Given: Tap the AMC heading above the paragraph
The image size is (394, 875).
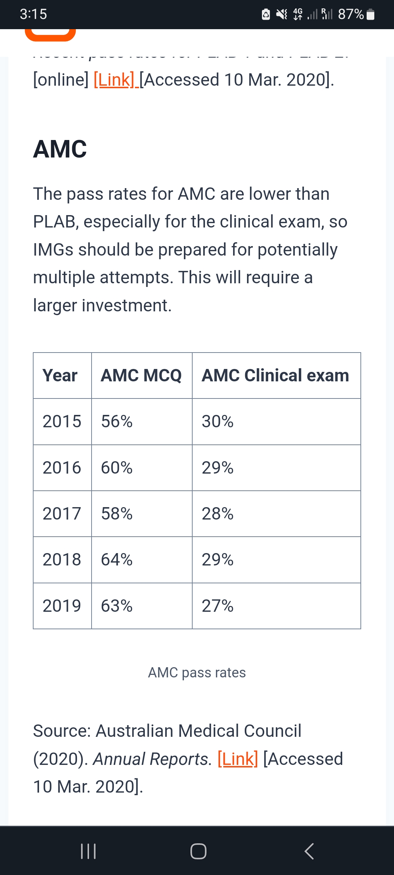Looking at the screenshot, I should coord(60,149).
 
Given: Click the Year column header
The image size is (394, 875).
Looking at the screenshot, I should coord(60,376).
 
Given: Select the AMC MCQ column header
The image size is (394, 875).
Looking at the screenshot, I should coord(141,376).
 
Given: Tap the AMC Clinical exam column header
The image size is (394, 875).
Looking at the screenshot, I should coord(275,376).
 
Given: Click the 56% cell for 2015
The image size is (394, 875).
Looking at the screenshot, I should coord(117,421).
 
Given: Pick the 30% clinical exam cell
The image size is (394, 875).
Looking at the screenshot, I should coord(217,421).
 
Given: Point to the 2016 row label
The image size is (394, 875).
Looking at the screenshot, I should coord(62,468).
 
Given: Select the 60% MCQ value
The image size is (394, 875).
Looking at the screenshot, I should coord(117,468).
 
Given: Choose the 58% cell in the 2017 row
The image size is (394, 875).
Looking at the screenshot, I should coord(117,514).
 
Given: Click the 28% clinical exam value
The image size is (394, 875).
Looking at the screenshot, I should coord(217,514).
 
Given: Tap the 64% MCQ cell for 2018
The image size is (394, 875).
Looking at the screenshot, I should coord(117,560).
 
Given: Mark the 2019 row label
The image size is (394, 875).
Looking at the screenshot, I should coord(62,606).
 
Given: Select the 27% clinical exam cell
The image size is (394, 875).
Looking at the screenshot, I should coord(217,606).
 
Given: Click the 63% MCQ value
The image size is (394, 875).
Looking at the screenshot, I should coord(117,606).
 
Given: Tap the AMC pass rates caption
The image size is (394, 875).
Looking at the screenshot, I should coord(197,673).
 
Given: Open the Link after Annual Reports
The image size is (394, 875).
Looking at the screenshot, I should coord(238,759).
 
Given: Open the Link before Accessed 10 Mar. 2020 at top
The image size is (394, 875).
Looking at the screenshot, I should coord(114,80).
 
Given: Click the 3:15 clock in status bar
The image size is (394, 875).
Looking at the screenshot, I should coord(33,14).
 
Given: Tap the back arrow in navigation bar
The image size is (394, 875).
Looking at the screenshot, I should coord(309,851).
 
